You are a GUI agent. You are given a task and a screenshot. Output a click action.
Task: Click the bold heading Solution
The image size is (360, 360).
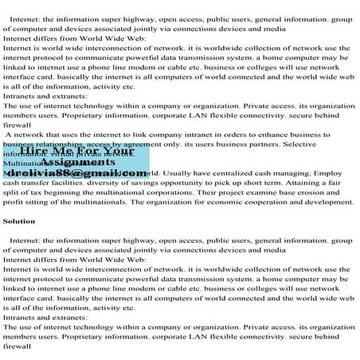pyautogui.click(x=19, y=221)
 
